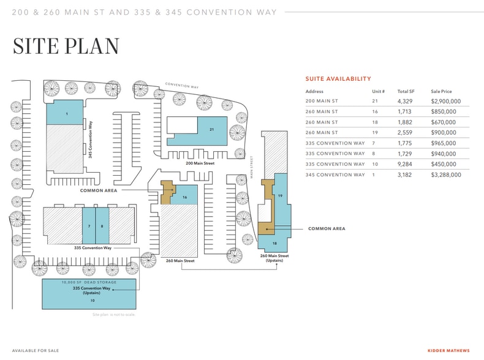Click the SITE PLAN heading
(x=66, y=47)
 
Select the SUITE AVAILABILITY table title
(x=338, y=78)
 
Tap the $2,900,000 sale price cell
(x=446, y=101)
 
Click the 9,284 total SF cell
(x=405, y=164)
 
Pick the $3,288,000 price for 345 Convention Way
(x=446, y=175)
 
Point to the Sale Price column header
(x=441, y=91)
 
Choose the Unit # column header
(x=378, y=91)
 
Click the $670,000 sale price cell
(x=443, y=122)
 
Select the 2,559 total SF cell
(x=405, y=133)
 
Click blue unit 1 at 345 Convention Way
(x=64, y=112)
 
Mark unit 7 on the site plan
(x=89, y=225)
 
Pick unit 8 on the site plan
(x=102, y=225)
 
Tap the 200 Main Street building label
(x=200, y=163)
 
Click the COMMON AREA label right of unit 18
(x=327, y=228)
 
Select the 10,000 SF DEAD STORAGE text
(x=89, y=282)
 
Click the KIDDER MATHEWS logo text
(x=448, y=351)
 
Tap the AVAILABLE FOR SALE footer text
(x=36, y=351)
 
